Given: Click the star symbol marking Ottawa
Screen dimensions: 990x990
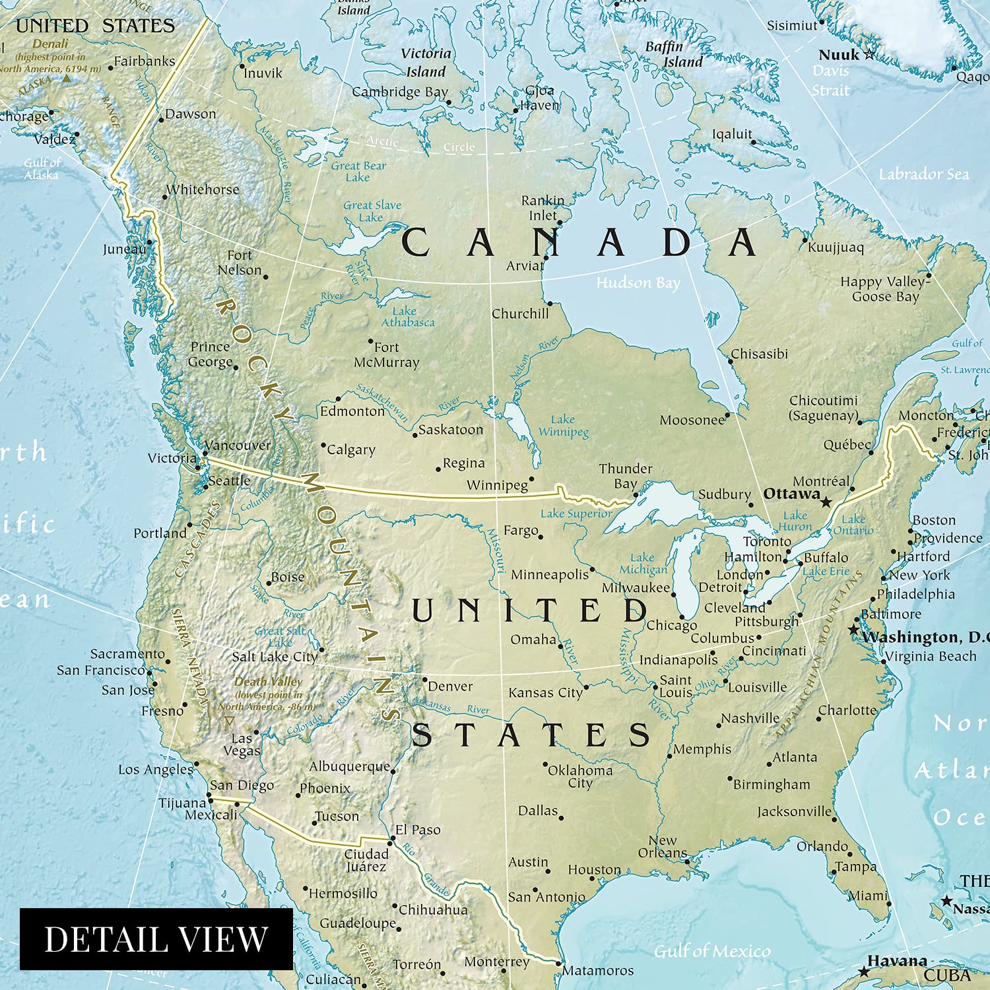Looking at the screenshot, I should click(826, 502).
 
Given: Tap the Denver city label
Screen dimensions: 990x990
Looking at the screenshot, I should click(450, 686).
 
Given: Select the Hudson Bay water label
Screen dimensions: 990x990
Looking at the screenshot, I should click(638, 283).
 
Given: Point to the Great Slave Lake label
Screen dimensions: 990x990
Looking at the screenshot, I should click(372, 211).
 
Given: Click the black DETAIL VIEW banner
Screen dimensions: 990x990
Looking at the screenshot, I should click(156, 939).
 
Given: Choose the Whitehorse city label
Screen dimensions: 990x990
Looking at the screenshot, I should click(203, 189).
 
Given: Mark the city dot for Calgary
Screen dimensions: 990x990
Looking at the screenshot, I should click(323, 445).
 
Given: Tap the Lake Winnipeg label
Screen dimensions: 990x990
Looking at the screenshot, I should click(563, 426).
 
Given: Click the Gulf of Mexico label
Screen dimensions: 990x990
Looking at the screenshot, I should click(711, 951).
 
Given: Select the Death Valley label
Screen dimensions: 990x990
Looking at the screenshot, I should click(268, 681).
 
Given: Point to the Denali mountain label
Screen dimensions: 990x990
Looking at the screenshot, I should click(50, 44).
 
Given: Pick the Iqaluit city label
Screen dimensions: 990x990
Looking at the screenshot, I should click(731, 135).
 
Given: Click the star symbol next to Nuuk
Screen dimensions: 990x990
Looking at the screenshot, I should click(870, 54).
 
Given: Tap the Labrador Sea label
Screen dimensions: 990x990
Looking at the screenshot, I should click(923, 174).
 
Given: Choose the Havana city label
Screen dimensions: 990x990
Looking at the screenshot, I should click(896, 960).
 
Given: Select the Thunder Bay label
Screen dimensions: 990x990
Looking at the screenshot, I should click(625, 476).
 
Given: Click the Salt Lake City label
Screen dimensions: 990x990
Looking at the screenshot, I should click(275, 657).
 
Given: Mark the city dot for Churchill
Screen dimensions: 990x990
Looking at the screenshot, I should click(550, 304).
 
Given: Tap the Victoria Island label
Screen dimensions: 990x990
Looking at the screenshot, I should click(426, 63).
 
